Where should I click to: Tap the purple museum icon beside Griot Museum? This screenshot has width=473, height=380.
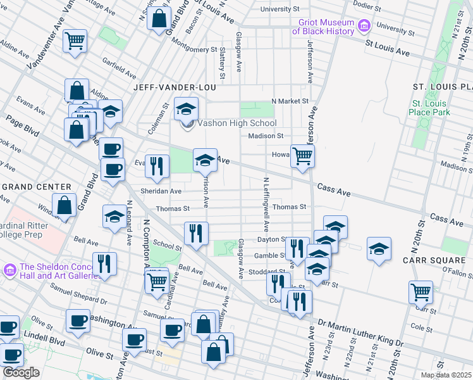coord(364,27)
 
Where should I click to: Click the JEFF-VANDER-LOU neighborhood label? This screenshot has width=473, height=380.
coord(175,87)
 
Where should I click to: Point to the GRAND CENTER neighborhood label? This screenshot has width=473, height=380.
coord(36,187)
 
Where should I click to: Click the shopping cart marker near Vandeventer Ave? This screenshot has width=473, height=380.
coord(75,41)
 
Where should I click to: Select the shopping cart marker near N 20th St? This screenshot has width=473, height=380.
coord(421,292)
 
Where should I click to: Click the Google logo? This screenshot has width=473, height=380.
coord(21,372)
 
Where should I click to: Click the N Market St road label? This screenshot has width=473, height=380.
coord(290,101)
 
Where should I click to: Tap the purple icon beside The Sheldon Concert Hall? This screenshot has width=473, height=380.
coord(9,270)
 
